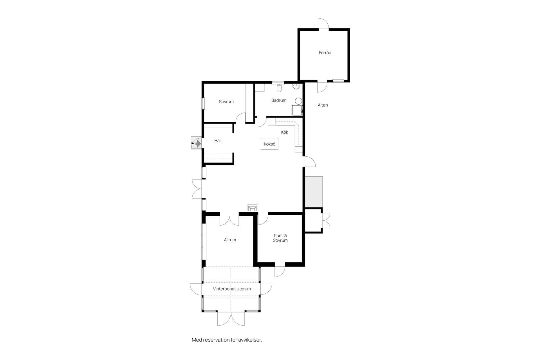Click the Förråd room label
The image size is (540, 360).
tap(325, 53)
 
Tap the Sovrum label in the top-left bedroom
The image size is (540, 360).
tap(226, 102)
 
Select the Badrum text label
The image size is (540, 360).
tap(279, 100)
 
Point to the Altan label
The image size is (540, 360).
tap(323, 105)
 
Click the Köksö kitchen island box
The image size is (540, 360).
tap(269, 144)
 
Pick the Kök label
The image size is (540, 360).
tap(285, 132)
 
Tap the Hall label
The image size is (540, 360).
tap(218, 141)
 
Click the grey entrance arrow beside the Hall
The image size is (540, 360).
tap(198, 144)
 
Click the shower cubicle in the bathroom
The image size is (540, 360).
tap(297, 111)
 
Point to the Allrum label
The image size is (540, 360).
tap(230, 240)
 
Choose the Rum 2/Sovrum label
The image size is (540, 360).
tap(280, 238)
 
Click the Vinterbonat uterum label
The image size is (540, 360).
tap(232, 289)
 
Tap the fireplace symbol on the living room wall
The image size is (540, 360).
tap(252, 208)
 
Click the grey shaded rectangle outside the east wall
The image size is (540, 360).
tap(314, 192)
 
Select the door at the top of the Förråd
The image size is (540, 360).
tap(324, 24)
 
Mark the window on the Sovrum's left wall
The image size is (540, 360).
tap(203, 103)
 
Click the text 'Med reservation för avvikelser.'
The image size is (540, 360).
tap(227, 340)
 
